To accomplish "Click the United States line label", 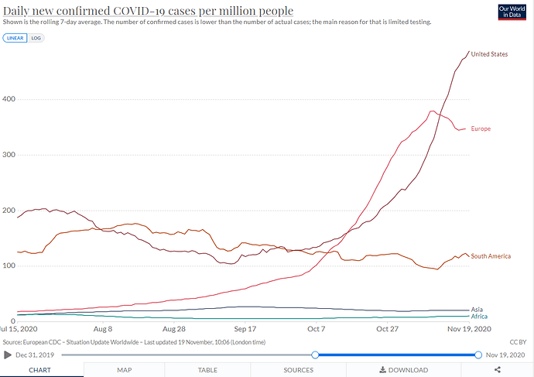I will pos(489,54).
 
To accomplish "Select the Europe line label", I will pos(481,129).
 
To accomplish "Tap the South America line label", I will pos(491,256).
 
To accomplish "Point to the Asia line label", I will pos(478,309).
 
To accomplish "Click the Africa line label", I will pos(479,317).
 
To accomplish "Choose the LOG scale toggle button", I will pos(36,38).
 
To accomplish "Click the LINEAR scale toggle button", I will pos(15,38).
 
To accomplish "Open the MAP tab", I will pos(125,370).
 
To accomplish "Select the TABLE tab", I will pos(207,370).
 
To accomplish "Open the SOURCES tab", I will pos(298,370).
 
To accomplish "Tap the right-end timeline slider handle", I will pos(479,355).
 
